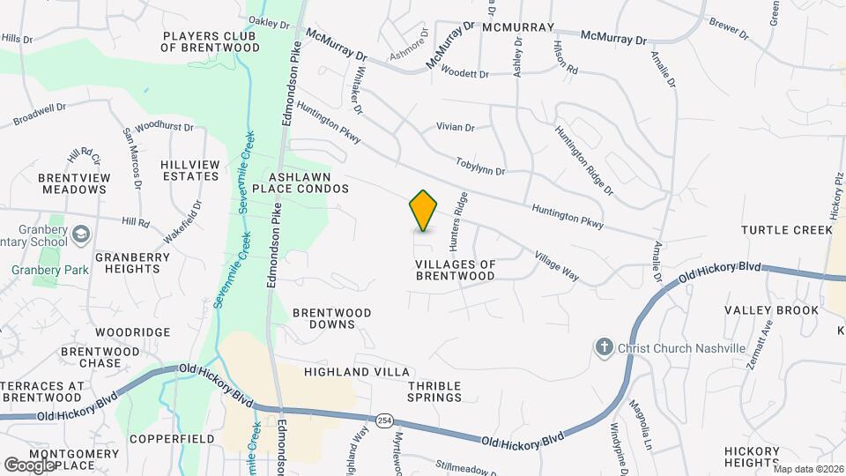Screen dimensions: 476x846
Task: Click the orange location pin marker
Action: pos(424,211)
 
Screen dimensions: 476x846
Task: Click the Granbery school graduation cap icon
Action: pos(81,234)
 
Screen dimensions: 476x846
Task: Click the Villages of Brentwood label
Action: pos(455,270)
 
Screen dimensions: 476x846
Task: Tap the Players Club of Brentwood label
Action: pos(210,41)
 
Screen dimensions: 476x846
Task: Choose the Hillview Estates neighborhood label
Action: pos(189,170)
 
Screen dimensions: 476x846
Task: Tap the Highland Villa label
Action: pos(345,372)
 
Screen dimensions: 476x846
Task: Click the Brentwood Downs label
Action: pos(331,318)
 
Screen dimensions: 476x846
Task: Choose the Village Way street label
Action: pos(556,266)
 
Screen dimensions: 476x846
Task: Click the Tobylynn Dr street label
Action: pos(480,166)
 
